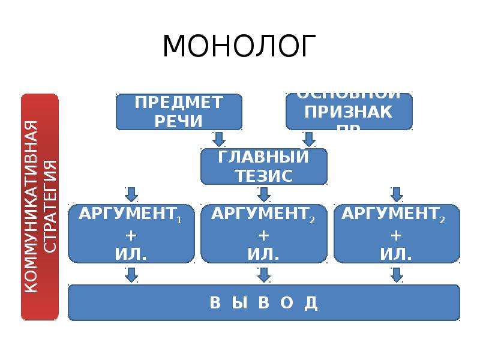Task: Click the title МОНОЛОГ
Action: pyautogui.click(x=239, y=46)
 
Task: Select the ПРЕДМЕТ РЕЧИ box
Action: pyautogui.click(x=179, y=112)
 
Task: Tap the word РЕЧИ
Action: pyautogui.click(x=179, y=121)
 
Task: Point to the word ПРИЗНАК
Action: pyautogui.click(x=349, y=112)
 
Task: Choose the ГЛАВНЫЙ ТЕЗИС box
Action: pyautogui.click(x=264, y=166)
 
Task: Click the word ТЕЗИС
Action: pyautogui.click(x=264, y=176)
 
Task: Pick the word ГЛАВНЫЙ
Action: pyautogui.click(x=264, y=158)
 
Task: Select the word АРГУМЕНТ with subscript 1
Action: pyautogui.click(x=128, y=214)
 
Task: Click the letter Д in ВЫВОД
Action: pyautogui.click(x=310, y=303)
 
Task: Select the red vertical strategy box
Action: pyautogui.click(x=40, y=207)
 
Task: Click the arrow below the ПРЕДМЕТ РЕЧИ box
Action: pyautogui.click(x=219, y=139)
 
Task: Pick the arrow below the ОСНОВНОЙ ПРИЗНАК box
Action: pyautogui.click(x=309, y=139)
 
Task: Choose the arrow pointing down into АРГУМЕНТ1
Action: pyautogui.click(x=131, y=194)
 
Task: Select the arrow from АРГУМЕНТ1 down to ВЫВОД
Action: pyautogui.click(x=131, y=275)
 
